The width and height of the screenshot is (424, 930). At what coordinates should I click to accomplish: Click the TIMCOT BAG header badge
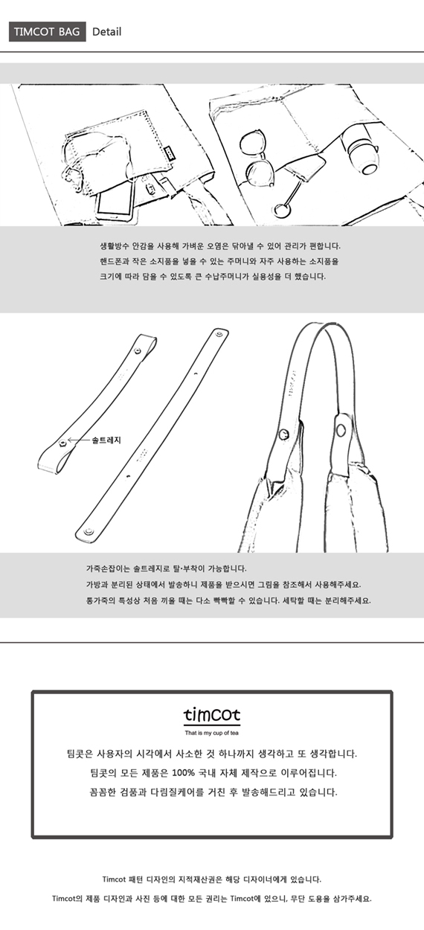click(x=48, y=31)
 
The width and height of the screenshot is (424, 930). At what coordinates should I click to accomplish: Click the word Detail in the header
click(x=106, y=31)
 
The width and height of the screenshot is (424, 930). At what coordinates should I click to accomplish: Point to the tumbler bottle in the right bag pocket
click(x=359, y=148)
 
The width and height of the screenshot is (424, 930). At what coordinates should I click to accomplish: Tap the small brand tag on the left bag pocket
click(x=170, y=153)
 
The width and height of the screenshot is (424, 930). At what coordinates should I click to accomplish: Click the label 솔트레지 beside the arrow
click(x=106, y=440)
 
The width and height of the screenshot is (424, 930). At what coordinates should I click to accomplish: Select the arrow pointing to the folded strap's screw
click(x=79, y=440)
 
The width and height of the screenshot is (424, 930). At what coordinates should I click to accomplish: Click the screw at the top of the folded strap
click(x=138, y=351)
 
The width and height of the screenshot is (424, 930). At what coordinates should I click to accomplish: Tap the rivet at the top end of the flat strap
click(x=219, y=333)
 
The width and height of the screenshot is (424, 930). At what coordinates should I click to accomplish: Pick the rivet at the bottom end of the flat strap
click(x=88, y=531)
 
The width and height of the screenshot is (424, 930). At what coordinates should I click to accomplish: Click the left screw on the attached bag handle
click(x=284, y=434)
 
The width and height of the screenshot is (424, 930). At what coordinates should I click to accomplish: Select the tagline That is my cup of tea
click(x=212, y=733)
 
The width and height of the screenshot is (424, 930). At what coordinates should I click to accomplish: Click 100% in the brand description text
click(x=183, y=773)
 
